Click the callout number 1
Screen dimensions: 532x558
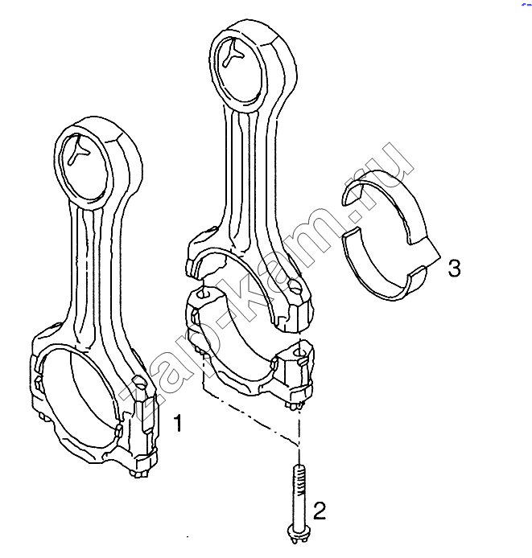click(177, 423)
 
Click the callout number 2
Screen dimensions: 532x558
click(320, 511)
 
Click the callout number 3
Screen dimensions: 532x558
click(454, 269)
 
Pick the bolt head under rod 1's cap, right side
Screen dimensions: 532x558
click(140, 473)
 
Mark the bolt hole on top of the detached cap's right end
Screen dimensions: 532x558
click(300, 352)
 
